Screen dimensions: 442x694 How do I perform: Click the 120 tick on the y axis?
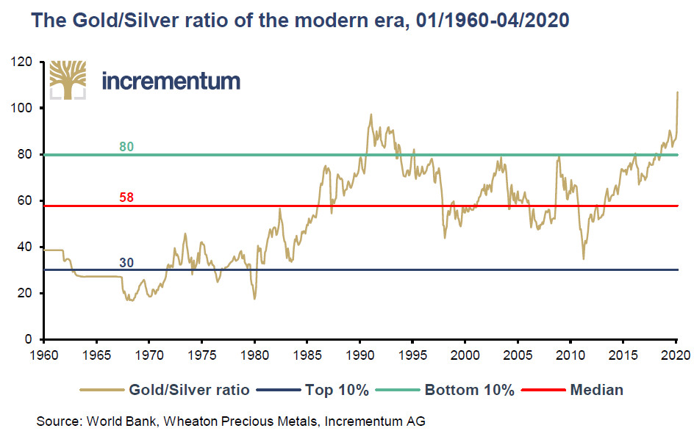pos(27,62)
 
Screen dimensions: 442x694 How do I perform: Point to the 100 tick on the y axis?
pos(27,109)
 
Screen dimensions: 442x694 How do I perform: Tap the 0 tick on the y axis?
pos(34,340)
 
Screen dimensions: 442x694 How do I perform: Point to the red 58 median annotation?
pos(126,198)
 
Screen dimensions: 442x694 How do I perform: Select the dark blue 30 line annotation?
pos(126,262)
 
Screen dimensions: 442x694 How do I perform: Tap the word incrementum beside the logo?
pos(171,81)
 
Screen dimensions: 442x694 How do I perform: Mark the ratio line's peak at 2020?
pos(677,93)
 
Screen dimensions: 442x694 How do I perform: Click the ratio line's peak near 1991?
pos(371,115)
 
